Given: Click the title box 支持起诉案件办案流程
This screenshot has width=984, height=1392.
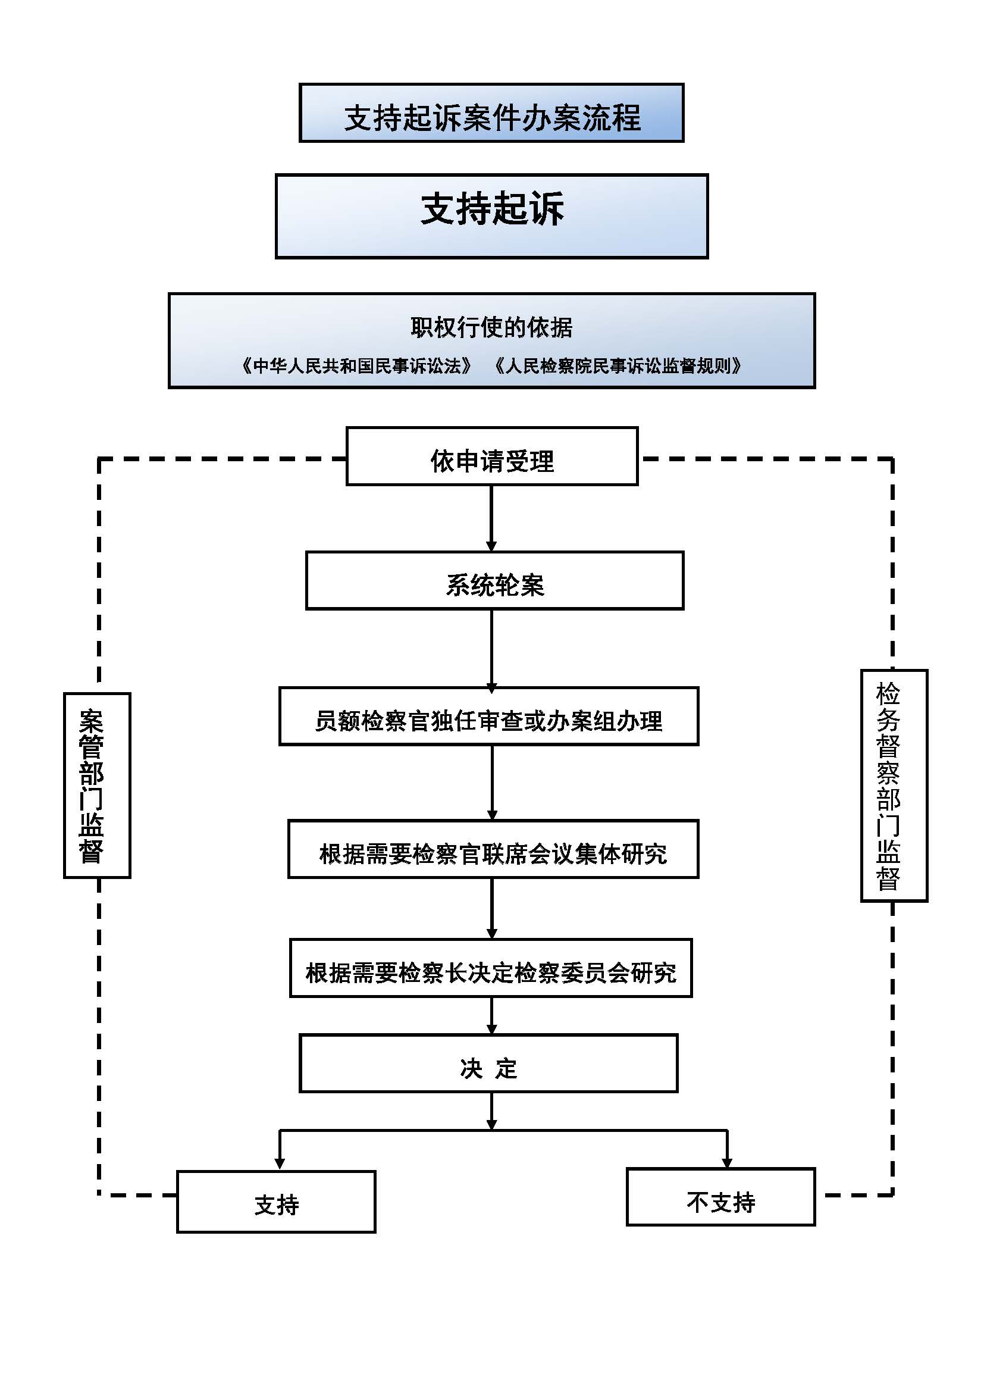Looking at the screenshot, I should [x=491, y=114].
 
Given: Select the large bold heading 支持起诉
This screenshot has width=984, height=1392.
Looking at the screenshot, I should [x=491, y=209].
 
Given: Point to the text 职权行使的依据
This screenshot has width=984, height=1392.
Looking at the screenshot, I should [x=491, y=327].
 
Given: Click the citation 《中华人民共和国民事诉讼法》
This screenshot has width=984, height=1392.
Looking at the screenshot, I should [x=356, y=366].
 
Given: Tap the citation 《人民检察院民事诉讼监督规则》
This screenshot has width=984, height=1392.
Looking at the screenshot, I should [x=618, y=366].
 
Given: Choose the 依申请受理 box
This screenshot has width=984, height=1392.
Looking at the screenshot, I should [x=491, y=456].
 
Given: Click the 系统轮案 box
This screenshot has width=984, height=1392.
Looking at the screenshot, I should [x=494, y=581].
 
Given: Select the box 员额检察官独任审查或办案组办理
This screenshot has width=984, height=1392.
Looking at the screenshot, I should [x=488, y=716].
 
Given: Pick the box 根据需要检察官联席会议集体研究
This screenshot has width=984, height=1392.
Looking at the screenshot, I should [x=493, y=849].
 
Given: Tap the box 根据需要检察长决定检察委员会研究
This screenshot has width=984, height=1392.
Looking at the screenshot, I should [x=491, y=968].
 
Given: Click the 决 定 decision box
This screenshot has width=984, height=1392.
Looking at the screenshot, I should [x=488, y=1063].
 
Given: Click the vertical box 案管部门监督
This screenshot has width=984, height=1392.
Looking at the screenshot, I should [x=97, y=785].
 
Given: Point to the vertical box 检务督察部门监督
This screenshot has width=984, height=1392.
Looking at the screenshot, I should [x=894, y=786].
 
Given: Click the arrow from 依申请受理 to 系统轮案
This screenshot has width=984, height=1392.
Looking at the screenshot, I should [x=491, y=518].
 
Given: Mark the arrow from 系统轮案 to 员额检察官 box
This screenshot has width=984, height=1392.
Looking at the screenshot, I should [x=491, y=649].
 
